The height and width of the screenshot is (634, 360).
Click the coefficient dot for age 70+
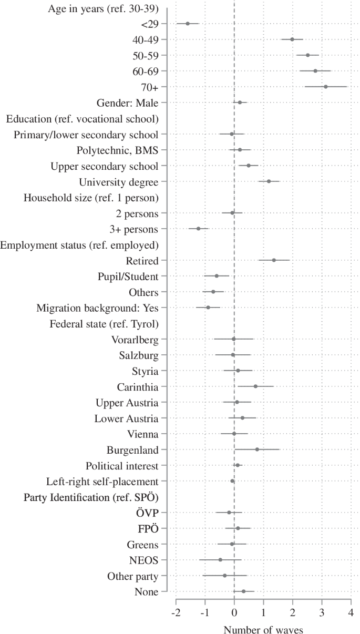[x=326, y=87]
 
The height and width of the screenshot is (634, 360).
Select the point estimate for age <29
[x=188, y=24]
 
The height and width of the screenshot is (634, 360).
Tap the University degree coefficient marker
[x=269, y=181]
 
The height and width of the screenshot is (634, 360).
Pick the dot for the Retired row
[x=274, y=260]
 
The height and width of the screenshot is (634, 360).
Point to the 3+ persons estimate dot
[x=198, y=229]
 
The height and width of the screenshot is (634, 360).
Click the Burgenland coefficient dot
[x=257, y=449]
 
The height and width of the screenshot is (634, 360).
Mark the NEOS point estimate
[x=220, y=560]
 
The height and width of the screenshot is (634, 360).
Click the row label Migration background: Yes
[x=97, y=308]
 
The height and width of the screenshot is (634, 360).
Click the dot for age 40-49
[x=292, y=39]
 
